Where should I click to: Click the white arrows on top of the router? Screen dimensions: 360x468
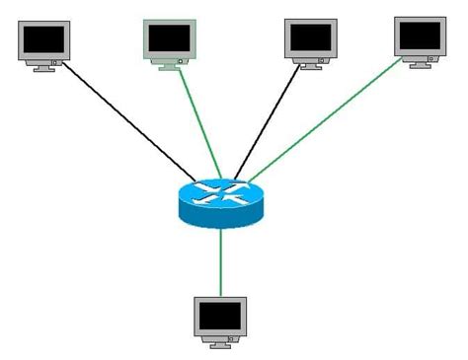(220, 191)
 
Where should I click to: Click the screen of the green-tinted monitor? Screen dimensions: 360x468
(169, 37)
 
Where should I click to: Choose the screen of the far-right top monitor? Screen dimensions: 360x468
(420, 36)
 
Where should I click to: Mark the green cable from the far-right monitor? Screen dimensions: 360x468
(326, 118)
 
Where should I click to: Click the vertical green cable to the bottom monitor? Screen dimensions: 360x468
(220, 261)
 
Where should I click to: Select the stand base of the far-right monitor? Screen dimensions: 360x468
(420, 62)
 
